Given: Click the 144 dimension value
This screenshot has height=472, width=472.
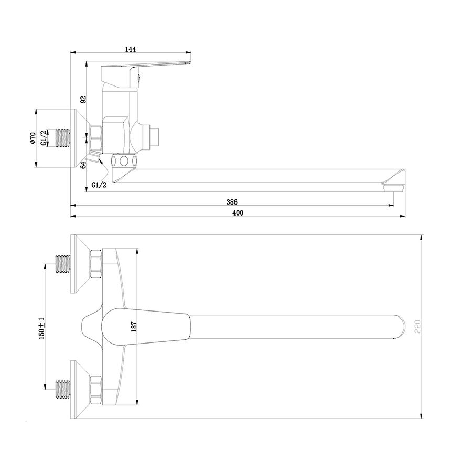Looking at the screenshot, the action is click(x=131, y=49).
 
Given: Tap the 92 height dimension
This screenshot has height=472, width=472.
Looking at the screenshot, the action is click(x=83, y=99).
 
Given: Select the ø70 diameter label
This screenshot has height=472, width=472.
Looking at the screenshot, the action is click(x=33, y=138).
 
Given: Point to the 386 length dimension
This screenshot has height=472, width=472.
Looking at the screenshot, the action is click(x=232, y=202).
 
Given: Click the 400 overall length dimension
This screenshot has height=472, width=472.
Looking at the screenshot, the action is click(x=238, y=213).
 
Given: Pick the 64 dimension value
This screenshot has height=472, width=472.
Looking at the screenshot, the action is click(x=83, y=164).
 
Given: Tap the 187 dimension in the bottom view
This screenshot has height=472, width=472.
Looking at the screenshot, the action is click(x=134, y=327).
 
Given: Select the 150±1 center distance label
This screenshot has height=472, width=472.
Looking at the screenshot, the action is click(x=42, y=328).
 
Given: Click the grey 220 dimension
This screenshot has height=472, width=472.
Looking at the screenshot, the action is click(x=417, y=327).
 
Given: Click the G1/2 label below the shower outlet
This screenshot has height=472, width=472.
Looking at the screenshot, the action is click(x=99, y=185).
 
